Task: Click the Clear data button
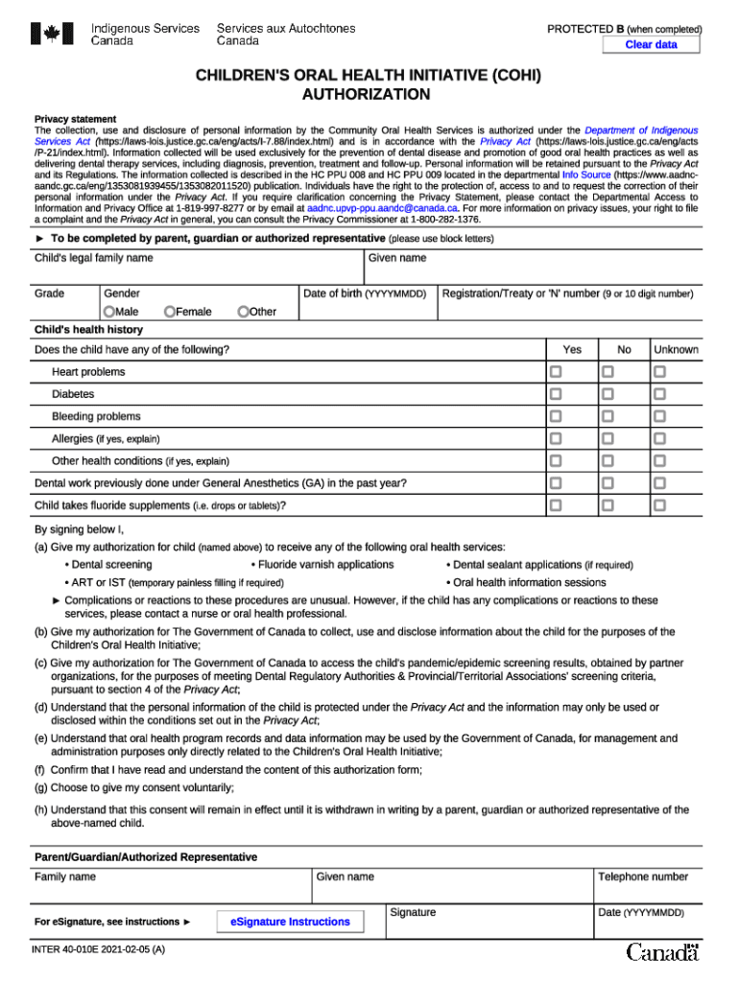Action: coord(652,45)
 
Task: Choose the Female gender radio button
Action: coord(170,312)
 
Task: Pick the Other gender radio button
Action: coord(244,312)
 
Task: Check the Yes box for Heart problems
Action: coord(556,372)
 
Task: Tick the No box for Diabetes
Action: coord(608,394)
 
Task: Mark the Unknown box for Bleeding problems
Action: coord(659,416)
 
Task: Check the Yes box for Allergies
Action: coord(556,438)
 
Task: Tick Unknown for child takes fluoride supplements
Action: coord(659,505)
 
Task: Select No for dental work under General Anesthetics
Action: coord(608,483)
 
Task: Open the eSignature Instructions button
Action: coord(290,923)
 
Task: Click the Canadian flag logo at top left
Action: coord(46,35)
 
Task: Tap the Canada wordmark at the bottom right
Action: coord(663,952)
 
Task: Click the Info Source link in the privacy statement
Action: coord(585,175)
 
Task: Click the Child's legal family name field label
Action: coord(94,259)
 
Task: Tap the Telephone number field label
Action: coord(643,877)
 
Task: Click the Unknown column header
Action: coord(676,350)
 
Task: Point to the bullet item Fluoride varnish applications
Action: coord(325,565)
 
